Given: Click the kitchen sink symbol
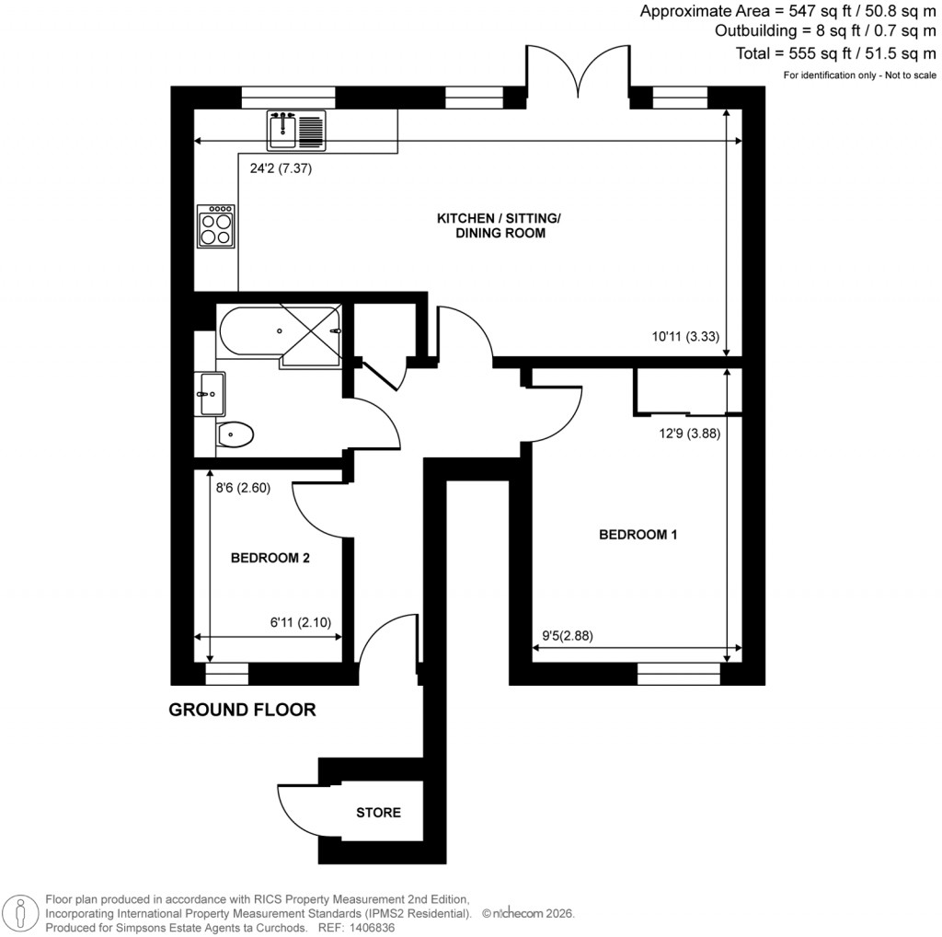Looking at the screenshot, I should (296, 129).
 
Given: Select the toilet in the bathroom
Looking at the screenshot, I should (236, 433).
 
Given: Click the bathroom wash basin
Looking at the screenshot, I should (210, 394).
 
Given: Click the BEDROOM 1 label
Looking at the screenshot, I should (638, 534).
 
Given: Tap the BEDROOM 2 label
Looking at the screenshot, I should (270, 558).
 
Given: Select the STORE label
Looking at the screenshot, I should (378, 813).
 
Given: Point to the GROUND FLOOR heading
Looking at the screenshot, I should (242, 710).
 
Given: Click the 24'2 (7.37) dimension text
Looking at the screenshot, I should (282, 168).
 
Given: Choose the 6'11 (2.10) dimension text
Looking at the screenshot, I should (305, 623).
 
